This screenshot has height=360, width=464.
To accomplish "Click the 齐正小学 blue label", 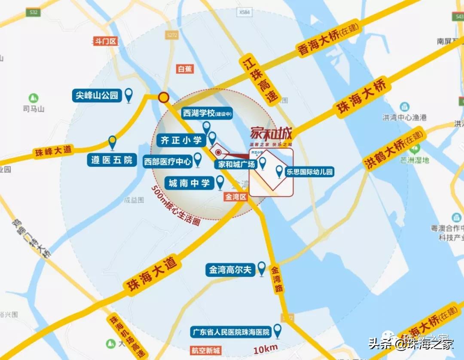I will (x=181, y=140).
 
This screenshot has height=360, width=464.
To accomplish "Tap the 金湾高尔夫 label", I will (x=230, y=270).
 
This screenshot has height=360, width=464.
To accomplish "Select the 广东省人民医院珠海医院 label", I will (x=231, y=332).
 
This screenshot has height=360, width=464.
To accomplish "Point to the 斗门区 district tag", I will (x=105, y=42).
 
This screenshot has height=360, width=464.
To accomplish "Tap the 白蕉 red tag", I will (x=185, y=69).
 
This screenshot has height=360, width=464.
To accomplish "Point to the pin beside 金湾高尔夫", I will (x=261, y=269).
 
